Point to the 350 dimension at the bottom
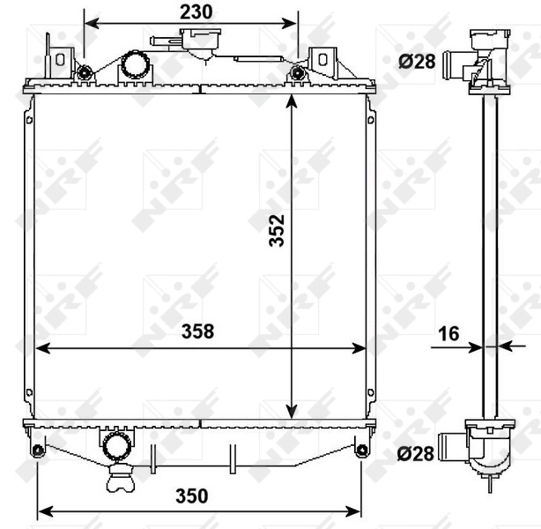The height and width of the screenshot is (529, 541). [x=198, y=495]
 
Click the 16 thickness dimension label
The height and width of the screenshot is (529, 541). [x=448, y=333]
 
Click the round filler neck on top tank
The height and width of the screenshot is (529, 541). [x=134, y=64]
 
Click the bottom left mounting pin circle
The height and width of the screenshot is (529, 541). [x=37, y=452]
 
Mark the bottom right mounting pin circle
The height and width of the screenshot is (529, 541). [x=361, y=452]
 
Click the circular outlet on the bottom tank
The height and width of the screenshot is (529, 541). [x=115, y=446]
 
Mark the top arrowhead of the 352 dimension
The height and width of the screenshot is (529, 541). [x=293, y=100]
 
